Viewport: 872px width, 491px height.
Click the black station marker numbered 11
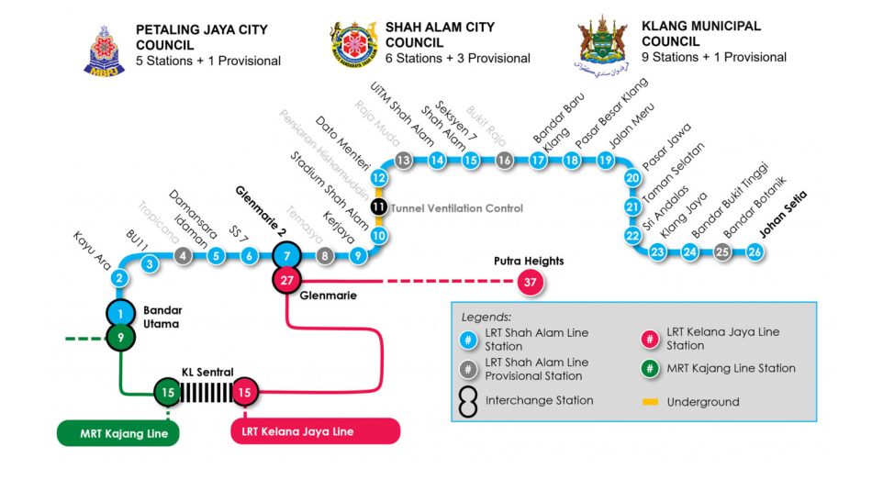click(378, 206)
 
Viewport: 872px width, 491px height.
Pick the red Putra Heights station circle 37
click(530, 282)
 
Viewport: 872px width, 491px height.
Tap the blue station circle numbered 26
click(755, 251)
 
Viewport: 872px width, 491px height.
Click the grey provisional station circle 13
click(403, 161)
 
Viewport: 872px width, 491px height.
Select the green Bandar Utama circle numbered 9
click(120, 338)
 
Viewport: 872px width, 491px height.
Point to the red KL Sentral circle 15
click(245, 393)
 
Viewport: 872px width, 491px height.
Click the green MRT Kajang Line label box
click(117, 433)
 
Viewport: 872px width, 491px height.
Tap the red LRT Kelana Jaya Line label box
click(315, 431)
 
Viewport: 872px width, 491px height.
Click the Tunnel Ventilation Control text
click(456, 208)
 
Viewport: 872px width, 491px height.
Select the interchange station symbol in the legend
click(468, 401)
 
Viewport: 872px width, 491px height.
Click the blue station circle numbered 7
click(288, 256)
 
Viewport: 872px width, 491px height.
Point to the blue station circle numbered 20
click(632, 178)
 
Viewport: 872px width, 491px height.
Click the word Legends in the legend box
click(486, 317)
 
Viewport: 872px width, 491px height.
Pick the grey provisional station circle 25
click(723, 251)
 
